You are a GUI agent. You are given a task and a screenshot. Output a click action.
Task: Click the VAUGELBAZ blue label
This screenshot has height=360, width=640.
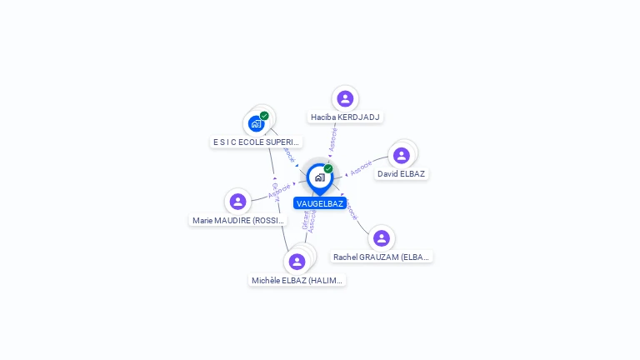tap(320, 203)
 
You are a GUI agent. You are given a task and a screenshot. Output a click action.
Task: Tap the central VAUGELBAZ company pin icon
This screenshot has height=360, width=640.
tap(319, 177)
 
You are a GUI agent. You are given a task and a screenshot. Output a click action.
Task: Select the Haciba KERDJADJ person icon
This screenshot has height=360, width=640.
tap(345, 99)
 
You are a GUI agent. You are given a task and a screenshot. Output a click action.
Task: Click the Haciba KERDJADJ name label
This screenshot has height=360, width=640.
tap(345, 117)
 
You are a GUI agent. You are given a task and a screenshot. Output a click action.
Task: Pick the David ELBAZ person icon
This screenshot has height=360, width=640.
tap(402, 156)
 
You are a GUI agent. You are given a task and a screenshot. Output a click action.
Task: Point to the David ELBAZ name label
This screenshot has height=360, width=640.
tap(402, 174)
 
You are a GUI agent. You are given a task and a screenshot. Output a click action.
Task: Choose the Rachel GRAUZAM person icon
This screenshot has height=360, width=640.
tap(381, 238)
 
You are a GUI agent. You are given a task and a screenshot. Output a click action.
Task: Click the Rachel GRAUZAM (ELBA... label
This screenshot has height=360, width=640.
tap(382, 257)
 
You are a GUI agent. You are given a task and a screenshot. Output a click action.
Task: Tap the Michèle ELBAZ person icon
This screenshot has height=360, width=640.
tap(297, 262)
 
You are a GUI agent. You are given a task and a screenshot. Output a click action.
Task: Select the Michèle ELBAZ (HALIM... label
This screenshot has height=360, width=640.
tap(297, 281)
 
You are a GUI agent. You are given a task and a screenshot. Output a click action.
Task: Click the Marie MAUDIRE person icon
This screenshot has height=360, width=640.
tap(237, 202)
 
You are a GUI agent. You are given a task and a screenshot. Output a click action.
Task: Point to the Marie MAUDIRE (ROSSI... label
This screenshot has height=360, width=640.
tap(238, 221)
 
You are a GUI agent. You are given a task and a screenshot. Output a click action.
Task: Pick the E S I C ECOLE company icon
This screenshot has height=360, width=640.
tap(256, 124)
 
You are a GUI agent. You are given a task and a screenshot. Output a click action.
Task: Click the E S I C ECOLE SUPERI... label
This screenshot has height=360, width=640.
tap(256, 142)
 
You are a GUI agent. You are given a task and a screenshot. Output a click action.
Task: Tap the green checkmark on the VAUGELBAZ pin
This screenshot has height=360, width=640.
tap(328, 168)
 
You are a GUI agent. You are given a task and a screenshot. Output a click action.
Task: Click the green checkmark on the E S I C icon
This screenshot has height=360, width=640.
tap(264, 116)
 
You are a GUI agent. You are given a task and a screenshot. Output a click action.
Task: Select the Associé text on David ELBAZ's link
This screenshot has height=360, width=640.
tap(361, 167)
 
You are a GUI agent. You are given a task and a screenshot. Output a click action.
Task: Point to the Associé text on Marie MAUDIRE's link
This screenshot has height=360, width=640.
tap(280, 191)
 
